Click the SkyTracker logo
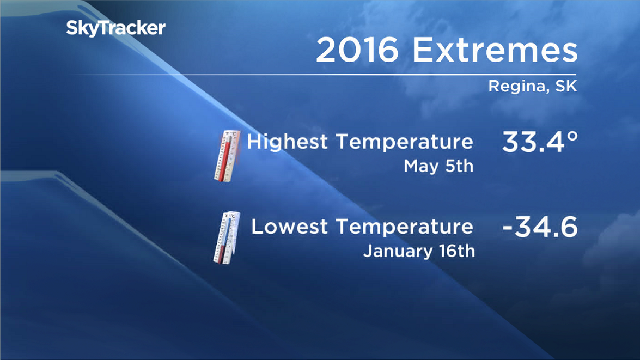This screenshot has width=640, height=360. [115, 28]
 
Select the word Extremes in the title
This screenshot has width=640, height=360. [494, 51]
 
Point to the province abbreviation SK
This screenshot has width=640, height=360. [565, 86]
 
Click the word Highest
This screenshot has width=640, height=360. [288, 142]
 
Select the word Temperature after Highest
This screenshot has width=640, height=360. [404, 142]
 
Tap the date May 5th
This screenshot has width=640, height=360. [438, 167]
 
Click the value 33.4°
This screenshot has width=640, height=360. [539, 143]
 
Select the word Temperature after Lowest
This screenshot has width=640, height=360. [404, 227]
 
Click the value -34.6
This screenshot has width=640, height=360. [539, 228]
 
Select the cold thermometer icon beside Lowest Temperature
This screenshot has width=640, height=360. [225, 237]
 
